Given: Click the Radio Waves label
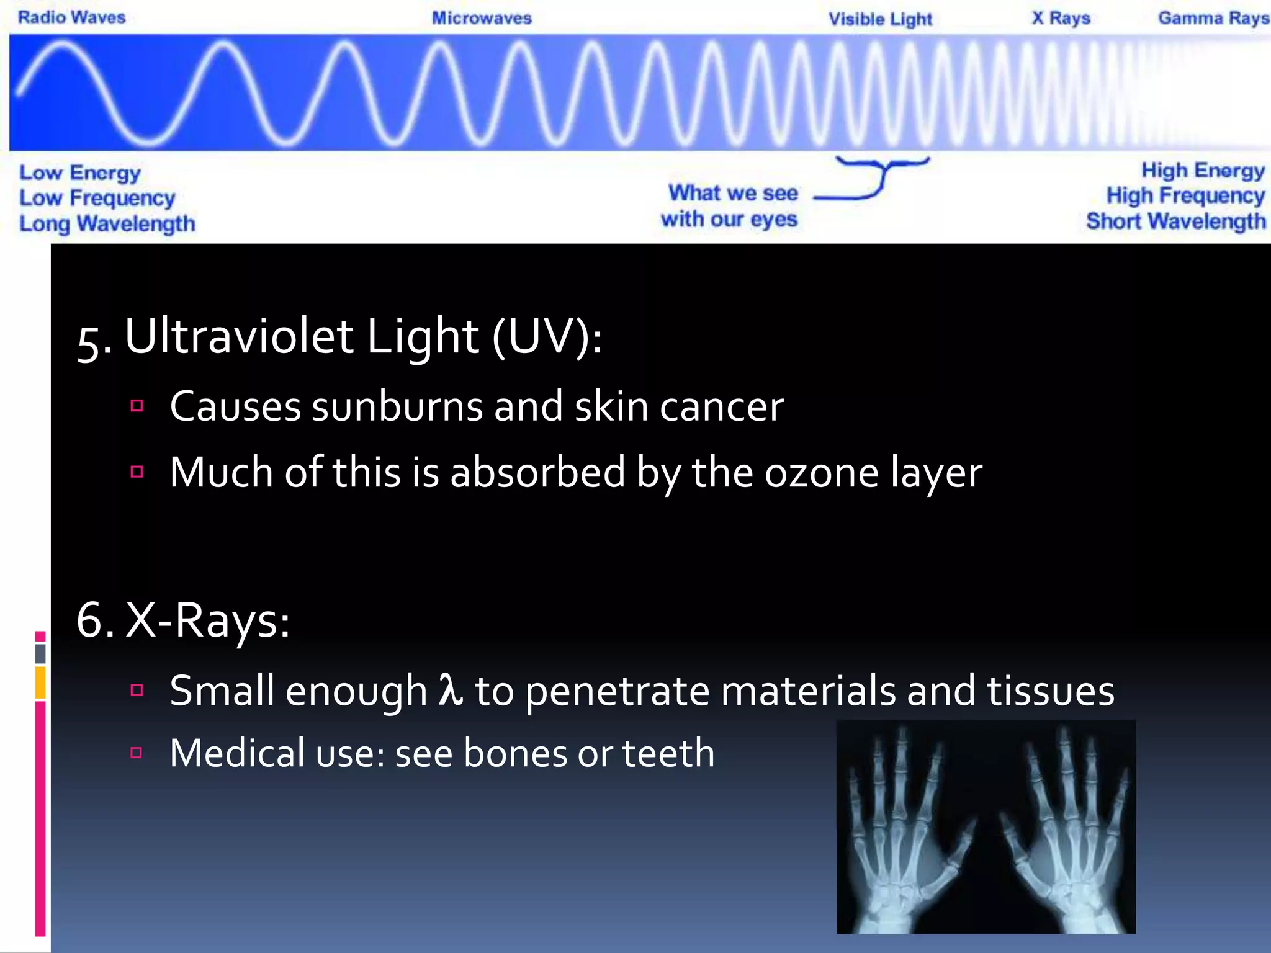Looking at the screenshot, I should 71,17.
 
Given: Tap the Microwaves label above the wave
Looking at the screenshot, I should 482,18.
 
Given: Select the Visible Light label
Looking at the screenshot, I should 880,19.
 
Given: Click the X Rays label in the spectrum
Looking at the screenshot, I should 1061,18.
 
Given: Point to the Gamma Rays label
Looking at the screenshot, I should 1213,18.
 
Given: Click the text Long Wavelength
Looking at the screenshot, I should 107,223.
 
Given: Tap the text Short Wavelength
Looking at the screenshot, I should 1175,221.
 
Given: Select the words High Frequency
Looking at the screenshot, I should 1185,196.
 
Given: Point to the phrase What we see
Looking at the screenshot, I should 732,193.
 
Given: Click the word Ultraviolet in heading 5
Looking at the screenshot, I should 239,337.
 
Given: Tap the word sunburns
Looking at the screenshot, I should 397,407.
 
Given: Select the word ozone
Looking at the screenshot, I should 821,473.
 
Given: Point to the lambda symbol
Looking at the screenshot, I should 451,689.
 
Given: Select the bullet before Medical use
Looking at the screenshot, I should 137,753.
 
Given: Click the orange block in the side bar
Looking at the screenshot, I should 40,682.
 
